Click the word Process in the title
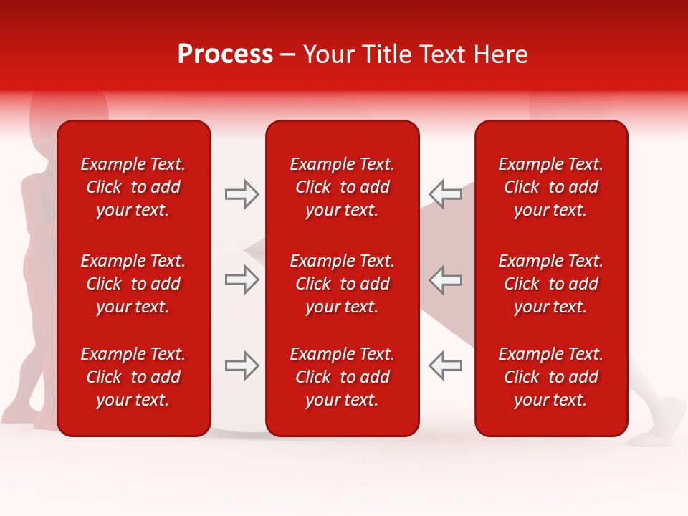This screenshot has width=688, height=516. pyautogui.click(x=225, y=54)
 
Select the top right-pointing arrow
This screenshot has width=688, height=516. pyautogui.click(x=242, y=194)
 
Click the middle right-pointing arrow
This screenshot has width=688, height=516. pyautogui.click(x=242, y=279)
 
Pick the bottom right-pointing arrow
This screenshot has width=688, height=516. pyautogui.click(x=242, y=365)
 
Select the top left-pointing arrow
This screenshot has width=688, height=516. pyautogui.click(x=445, y=194)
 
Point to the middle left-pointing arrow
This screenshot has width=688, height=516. pyautogui.click(x=445, y=279)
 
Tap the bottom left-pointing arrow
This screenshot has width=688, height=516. pyautogui.click(x=445, y=365)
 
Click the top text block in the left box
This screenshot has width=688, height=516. pyautogui.click(x=133, y=187)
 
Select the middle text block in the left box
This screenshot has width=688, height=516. pyautogui.click(x=133, y=284)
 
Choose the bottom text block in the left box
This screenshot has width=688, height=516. pyautogui.click(x=133, y=377)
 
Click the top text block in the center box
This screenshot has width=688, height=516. pyautogui.click(x=342, y=187)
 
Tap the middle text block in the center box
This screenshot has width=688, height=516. pyautogui.click(x=342, y=284)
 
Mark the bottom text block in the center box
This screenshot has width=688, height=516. pyautogui.click(x=342, y=377)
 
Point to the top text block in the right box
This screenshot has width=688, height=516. pyautogui.click(x=551, y=187)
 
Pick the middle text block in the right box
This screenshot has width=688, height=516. pyautogui.click(x=551, y=284)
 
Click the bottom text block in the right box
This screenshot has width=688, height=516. pyautogui.click(x=551, y=377)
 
